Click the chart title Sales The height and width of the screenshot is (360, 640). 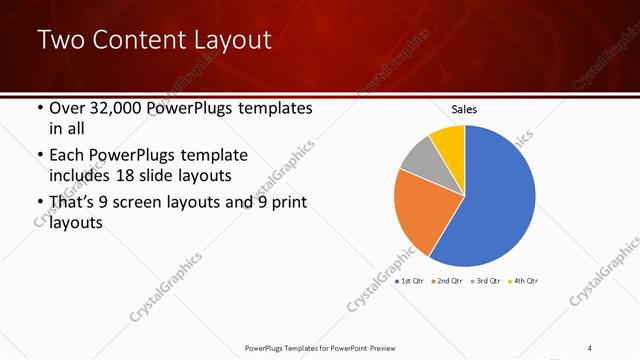click(x=465, y=108)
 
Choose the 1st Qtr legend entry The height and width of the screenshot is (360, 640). click(x=411, y=282)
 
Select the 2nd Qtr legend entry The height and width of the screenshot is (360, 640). click(x=449, y=282)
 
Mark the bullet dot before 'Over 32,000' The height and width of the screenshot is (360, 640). click(x=39, y=109)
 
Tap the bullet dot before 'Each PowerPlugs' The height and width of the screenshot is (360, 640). click(x=39, y=157)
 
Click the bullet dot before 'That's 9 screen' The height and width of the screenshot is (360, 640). click(x=39, y=205)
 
